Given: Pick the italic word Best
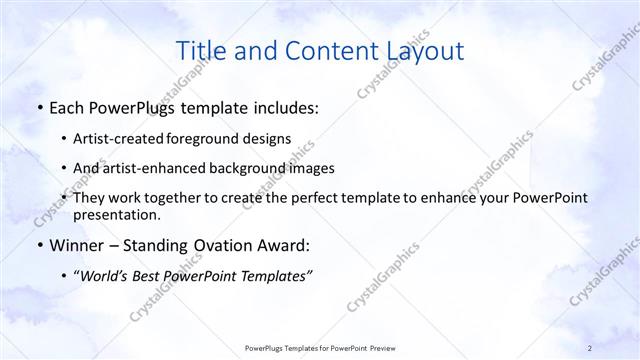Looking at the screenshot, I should click(150, 276).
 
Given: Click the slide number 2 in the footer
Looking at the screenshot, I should click(589, 347).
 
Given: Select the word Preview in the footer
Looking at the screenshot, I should click(380, 347).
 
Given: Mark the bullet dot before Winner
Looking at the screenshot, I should click(38, 246).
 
